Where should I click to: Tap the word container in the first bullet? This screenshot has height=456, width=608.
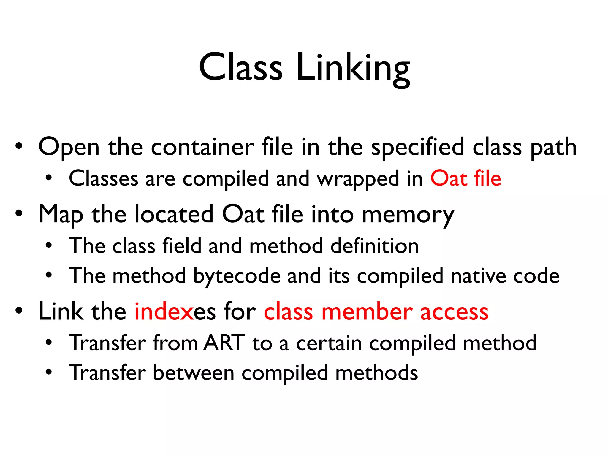202,147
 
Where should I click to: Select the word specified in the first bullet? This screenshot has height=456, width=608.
418,147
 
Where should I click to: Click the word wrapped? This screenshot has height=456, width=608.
358,179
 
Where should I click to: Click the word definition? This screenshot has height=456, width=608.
374,246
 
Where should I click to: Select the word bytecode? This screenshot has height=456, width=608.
237,276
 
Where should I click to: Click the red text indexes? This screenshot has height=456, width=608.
164,312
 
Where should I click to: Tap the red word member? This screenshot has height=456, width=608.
367,312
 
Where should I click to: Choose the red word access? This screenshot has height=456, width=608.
454,312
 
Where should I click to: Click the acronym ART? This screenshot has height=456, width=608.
224,343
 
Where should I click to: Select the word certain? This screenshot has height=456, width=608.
329,343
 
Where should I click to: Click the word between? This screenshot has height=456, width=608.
194,373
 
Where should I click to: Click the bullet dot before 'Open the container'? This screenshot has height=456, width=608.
19,146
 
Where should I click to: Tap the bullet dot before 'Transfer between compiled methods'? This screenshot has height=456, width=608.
49,372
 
